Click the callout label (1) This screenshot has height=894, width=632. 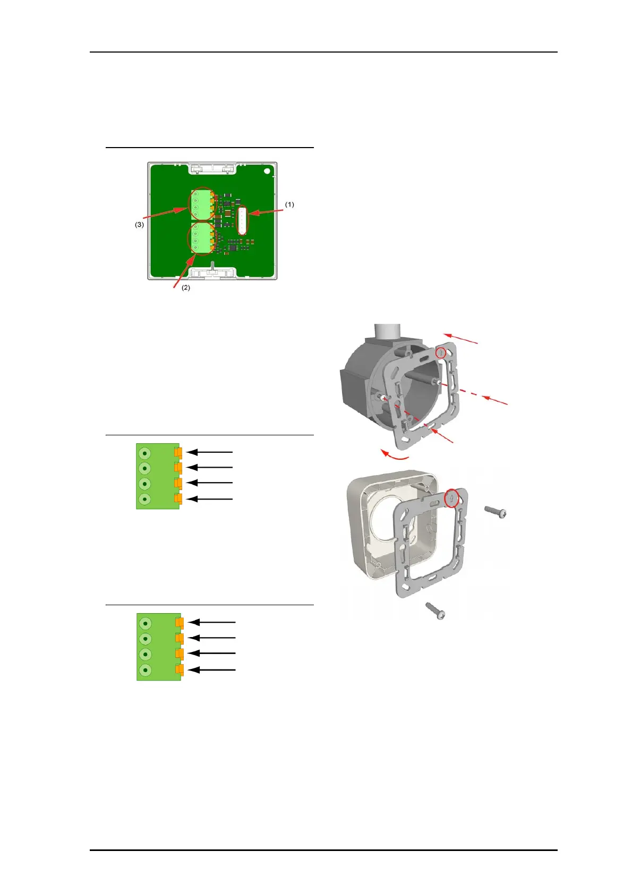[x=289, y=204]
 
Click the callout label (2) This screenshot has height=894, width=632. [x=186, y=288]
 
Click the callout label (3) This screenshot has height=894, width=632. [x=139, y=225]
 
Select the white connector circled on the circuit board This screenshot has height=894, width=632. [x=242, y=220]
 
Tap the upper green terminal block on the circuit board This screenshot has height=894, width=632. [x=202, y=204]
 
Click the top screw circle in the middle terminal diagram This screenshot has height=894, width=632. [x=144, y=453]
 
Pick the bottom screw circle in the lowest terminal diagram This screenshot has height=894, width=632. [x=145, y=670]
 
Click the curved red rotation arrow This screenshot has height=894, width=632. [x=395, y=455]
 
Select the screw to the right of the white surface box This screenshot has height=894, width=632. [x=496, y=512]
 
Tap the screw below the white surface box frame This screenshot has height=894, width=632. [x=435, y=611]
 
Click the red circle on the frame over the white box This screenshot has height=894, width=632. [x=451, y=498]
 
